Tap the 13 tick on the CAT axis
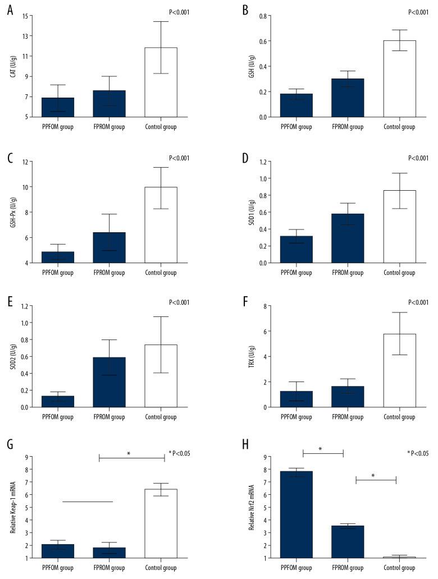pyautogui.click(x=25, y=36)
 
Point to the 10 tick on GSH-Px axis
pyautogui.click(x=25, y=187)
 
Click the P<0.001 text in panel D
pyautogui.click(x=417, y=158)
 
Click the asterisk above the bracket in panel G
pyautogui.click(x=129, y=453)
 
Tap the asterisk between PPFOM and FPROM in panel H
pyautogui.click(x=320, y=449)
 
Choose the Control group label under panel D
pyautogui.click(x=399, y=273)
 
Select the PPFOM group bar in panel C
pyautogui.click(x=57, y=257)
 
